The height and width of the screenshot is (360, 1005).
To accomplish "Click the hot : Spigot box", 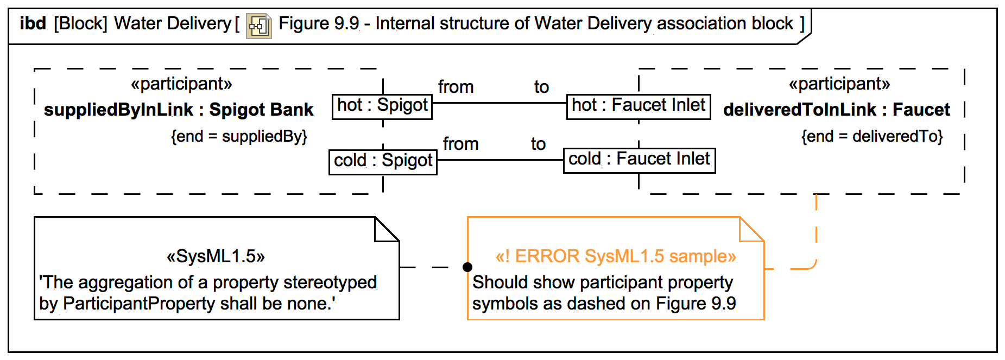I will click(382, 106).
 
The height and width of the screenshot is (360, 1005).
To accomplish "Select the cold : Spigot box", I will click(383, 161).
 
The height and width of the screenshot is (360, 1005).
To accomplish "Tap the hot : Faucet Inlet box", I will click(639, 105).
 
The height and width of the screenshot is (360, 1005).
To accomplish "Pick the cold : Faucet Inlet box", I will click(639, 160).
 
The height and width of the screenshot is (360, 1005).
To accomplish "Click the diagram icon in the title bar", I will click(258, 26).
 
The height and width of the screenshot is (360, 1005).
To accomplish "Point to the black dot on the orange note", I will click(467, 267).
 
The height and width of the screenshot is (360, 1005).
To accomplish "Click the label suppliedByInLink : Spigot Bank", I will click(179, 110).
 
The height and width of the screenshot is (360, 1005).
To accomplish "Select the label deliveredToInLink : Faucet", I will click(837, 110).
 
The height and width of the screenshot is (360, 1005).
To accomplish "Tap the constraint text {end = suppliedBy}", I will click(239, 136).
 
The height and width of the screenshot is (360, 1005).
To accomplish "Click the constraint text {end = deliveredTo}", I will click(872, 136).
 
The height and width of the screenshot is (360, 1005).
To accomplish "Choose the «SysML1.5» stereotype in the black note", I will click(216, 256).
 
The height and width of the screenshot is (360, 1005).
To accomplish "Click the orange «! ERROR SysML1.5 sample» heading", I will click(616, 256).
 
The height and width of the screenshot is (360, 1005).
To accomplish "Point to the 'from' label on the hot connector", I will click(456, 87).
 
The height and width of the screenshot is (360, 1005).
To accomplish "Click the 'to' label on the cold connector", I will click(538, 144).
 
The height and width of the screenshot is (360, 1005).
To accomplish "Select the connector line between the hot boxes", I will click(500, 103).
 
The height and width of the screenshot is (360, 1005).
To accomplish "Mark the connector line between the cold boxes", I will click(500, 160).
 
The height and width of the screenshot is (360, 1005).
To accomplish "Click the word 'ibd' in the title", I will click(33, 23).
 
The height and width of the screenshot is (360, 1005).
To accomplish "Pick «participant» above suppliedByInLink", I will click(181, 84).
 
